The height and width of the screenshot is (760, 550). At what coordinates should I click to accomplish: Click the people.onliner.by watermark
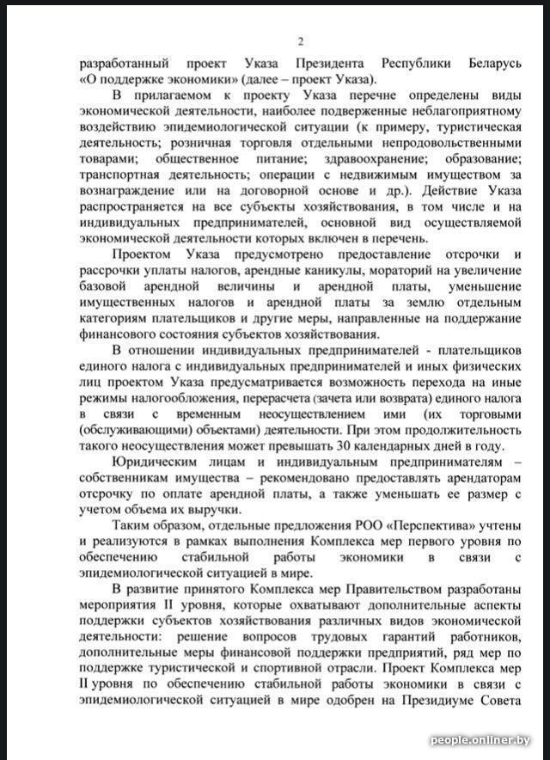(x=480, y=740)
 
